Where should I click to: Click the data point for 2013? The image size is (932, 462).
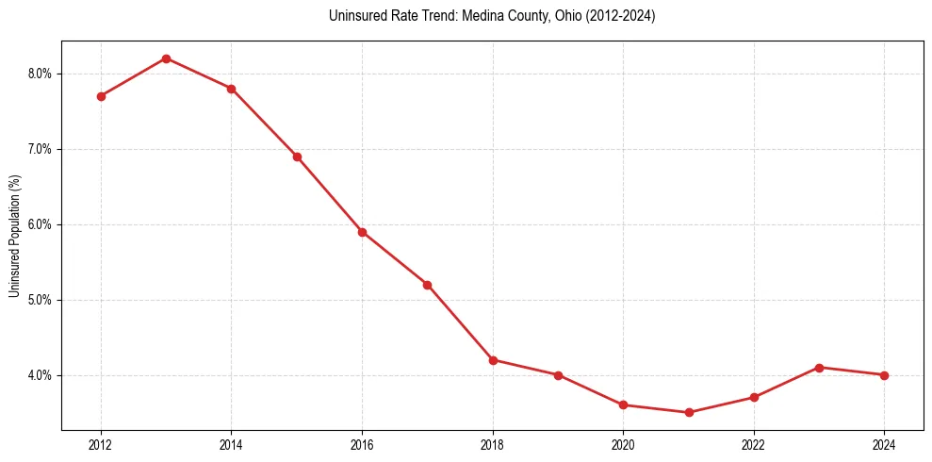[x=166, y=58]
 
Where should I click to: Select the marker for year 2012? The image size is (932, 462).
[x=101, y=96]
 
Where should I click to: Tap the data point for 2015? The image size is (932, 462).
[x=297, y=157]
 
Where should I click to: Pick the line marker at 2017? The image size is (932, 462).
[x=427, y=285]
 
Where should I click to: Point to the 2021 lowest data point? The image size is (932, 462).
[x=689, y=412]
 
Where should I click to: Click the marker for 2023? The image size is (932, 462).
[x=819, y=368]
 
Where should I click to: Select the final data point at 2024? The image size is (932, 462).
[x=884, y=375]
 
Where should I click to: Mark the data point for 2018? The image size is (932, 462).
[x=493, y=359]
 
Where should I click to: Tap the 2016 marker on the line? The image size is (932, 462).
[x=362, y=232]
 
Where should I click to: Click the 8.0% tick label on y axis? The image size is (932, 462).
[x=41, y=74]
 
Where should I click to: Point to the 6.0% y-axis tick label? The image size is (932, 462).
[x=41, y=224]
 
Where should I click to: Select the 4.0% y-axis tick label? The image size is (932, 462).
[x=41, y=375]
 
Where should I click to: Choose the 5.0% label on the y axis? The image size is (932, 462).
[x=41, y=300]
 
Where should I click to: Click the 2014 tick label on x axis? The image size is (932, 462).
[x=231, y=443]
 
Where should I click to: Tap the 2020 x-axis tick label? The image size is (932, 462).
[x=623, y=443]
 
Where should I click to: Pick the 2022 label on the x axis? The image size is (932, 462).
[x=754, y=443]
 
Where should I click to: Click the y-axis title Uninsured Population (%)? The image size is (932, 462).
[x=14, y=235]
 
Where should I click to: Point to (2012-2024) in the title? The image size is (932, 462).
[x=623, y=16]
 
